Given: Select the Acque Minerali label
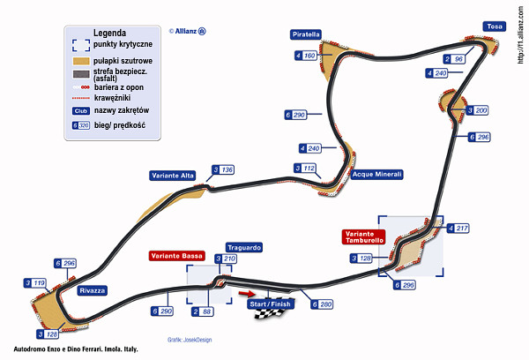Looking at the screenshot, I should [376, 175].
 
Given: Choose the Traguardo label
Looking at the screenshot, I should [243, 248].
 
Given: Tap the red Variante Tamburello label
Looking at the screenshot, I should [363, 236].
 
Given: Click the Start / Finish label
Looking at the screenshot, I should [270, 304].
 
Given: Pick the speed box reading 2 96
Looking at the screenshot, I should [454, 59].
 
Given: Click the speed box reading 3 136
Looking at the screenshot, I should [222, 169].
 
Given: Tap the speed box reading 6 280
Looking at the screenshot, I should [322, 304].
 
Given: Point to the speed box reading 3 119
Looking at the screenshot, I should [34, 283].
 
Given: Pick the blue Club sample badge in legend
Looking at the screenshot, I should [80, 110].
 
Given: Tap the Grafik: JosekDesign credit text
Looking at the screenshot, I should [190, 340].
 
